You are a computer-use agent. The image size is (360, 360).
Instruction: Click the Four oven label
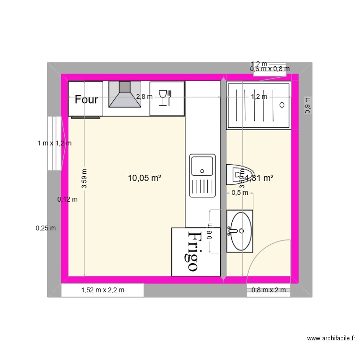[x=86, y=100]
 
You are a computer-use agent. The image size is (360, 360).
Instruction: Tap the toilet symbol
[x=239, y=175]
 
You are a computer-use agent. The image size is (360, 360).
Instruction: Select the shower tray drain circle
[x=282, y=104]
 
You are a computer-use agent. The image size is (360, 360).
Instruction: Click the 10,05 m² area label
[x=144, y=178]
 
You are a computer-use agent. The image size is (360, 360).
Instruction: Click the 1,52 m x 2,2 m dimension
[x=103, y=290]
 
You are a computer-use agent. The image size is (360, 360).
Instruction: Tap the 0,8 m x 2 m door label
[x=268, y=290]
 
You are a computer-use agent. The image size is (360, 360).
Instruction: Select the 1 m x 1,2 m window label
[x=54, y=143]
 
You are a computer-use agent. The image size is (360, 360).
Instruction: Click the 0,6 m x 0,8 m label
[x=270, y=69]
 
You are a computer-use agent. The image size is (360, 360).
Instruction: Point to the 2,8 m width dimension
[x=144, y=96]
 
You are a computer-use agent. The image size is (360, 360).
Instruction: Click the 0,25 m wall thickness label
[x=46, y=228]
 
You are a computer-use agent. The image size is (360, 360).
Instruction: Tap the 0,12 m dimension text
[x=67, y=200]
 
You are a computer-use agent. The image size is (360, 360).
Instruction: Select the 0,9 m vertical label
[x=308, y=106]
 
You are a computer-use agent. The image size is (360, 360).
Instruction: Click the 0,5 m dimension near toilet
[x=240, y=193]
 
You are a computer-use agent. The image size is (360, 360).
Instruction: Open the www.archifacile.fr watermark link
[x=332, y=339]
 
